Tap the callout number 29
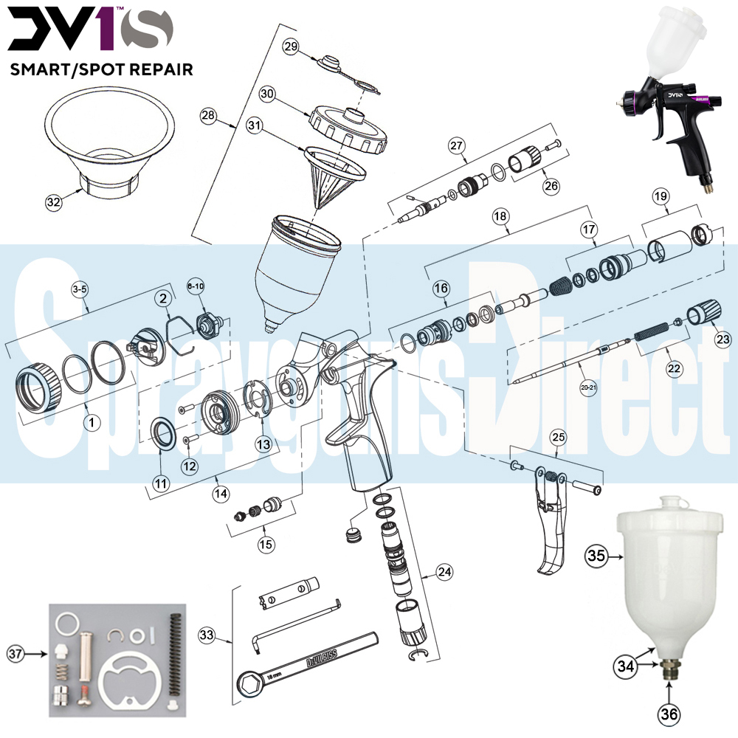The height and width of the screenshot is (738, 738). pos(291,46)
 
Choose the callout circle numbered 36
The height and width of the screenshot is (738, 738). pos(669,714)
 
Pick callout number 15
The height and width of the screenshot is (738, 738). pos(265,544)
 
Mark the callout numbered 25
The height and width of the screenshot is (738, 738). pos(559,438)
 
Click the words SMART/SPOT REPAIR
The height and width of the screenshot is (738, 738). pos(100,69)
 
